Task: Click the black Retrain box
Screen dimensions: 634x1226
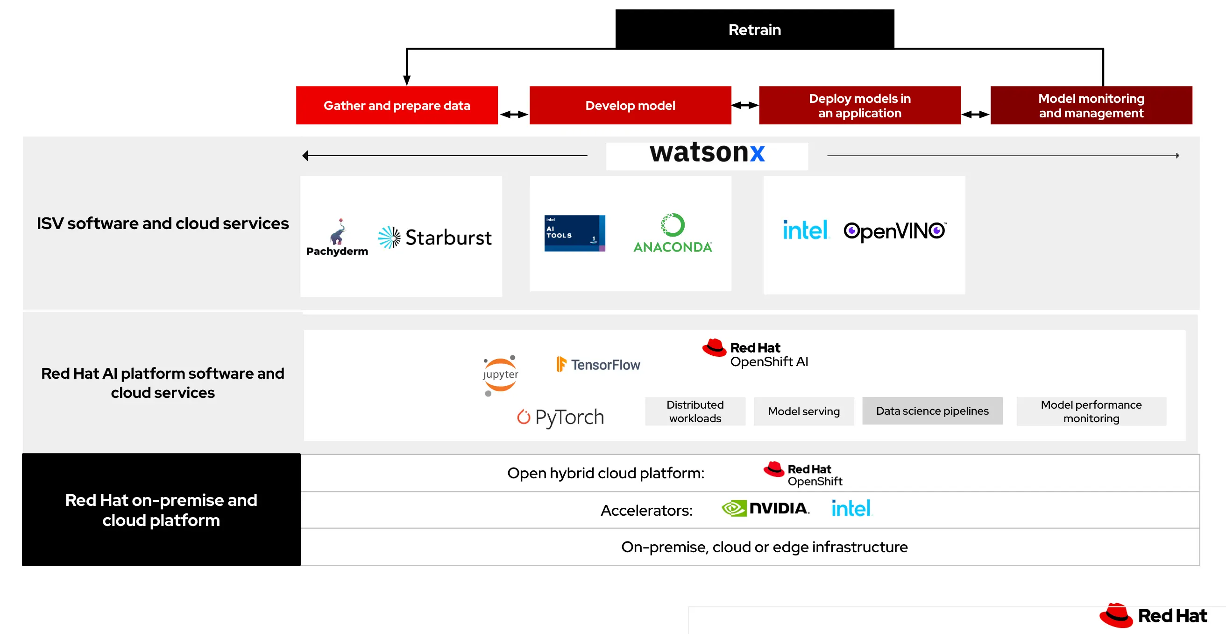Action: pyautogui.click(x=754, y=29)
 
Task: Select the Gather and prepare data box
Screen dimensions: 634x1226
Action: pyautogui.click(x=397, y=105)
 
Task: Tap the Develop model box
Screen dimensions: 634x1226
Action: pyautogui.click(x=630, y=105)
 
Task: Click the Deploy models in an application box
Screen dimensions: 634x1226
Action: pyautogui.click(x=859, y=105)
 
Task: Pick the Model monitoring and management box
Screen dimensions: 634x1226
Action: pyautogui.click(x=1091, y=105)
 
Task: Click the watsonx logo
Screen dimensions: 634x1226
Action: pyautogui.click(x=707, y=154)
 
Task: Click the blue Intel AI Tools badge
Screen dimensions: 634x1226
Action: pyautogui.click(x=574, y=233)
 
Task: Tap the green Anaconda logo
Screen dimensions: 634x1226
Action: pyautogui.click(x=672, y=233)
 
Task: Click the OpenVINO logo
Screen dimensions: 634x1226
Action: pyautogui.click(x=894, y=231)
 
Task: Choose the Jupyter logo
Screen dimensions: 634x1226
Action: pyautogui.click(x=500, y=375)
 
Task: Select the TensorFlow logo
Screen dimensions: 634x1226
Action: pyautogui.click(x=598, y=364)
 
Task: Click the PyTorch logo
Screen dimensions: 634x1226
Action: pyautogui.click(x=560, y=417)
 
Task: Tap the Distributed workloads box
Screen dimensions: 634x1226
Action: pyautogui.click(x=695, y=411)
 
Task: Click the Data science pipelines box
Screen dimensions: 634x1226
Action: pyautogui.click(x=932, y=411)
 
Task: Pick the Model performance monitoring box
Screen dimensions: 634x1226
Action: pyautogui.click(x=1091, y=411)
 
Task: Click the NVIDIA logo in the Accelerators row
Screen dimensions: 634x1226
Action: pyautogui.click(x=765, y=508)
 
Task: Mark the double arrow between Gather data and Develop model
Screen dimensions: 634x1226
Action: pyautogui.click(x=514, y=115)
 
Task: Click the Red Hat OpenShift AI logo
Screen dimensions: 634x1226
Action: pyautogui.click(x=755, y=354)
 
